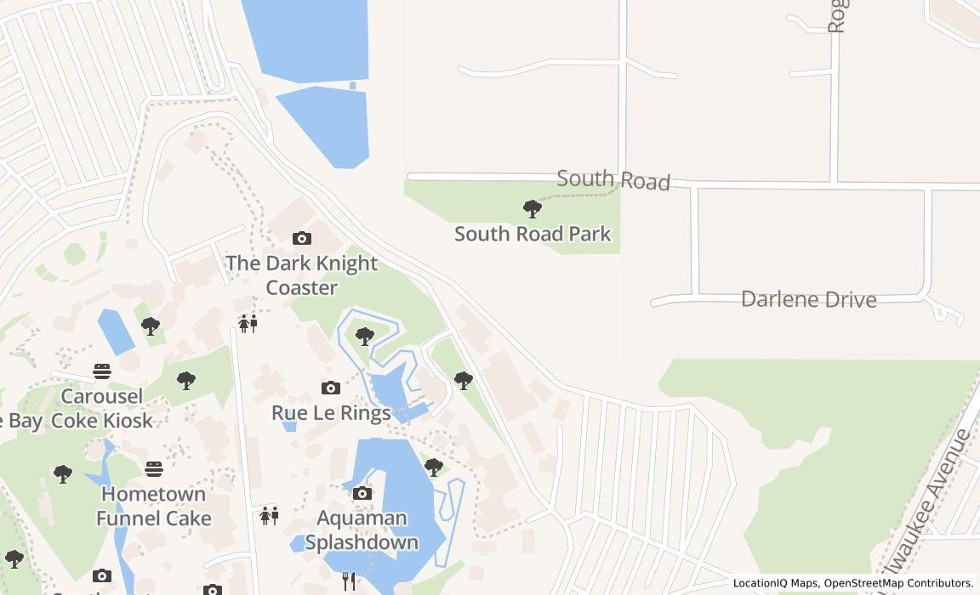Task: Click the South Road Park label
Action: click(x=533, y=234)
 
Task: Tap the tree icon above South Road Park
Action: click(x=533, y=208)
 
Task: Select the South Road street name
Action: click(x=613, y=180)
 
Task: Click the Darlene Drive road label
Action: click(x=808, y=299)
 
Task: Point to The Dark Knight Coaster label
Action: click(x=301, y=275)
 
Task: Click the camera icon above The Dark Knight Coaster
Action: click(x=301, y=239)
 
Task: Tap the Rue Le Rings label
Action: click(x=331, y=413)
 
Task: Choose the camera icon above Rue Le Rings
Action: click(x=331, y=388)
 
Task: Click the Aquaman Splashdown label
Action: click(x=362, y=530)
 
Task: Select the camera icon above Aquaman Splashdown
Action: click(x=362, y=494)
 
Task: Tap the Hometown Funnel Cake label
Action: click(x=153, y=506)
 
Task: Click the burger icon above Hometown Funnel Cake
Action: click(x=154, y=469)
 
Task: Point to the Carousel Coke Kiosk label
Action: click(x=102, y=409)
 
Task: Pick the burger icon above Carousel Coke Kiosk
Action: click(x=102, y=371)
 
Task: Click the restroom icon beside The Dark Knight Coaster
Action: click(x=248, y=323)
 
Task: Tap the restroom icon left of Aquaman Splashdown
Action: click(x=270, y=515)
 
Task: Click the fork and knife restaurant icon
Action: click(x=349, y=581)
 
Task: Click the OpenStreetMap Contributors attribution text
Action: click(x=898, y=583)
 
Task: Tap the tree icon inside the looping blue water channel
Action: click(x=365, y=337)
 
